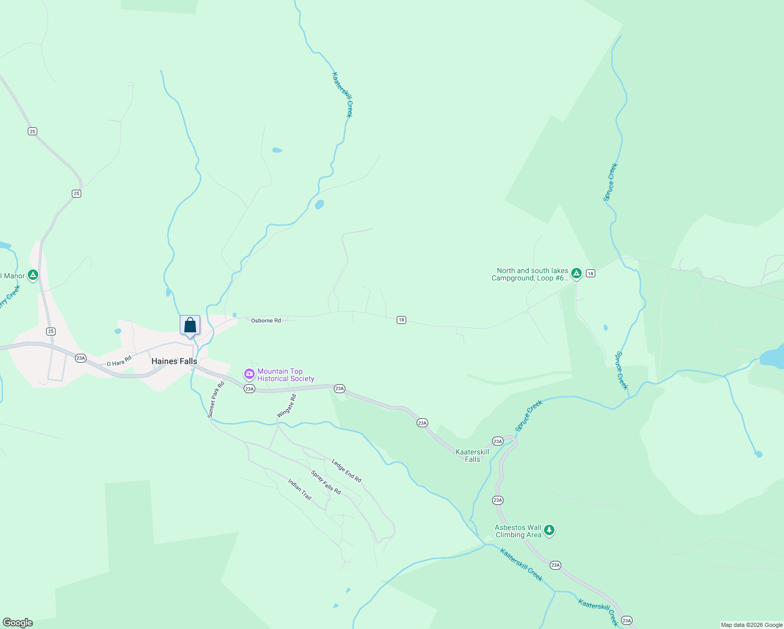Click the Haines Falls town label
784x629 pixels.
tap(174, 361)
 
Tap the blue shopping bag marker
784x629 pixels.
tap(190, 326)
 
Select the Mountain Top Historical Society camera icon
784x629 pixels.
tap(249, 374)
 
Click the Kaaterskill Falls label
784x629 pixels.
tap(472, 456)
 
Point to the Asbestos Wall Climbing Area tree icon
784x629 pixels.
tap(549, 530)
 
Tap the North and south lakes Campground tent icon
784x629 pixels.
tap(576, 273)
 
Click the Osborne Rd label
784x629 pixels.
tap(266, 320)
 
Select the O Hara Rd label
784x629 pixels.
tap(119, 361)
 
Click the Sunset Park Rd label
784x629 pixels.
tap(215, 399)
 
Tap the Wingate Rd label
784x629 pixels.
tap(287, 406)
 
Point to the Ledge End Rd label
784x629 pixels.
tap(346, 471)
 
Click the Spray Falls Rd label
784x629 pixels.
tap(326, 482)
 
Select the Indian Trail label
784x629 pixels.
tap(300, 489)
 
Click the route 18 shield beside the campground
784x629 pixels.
tap(591, 273)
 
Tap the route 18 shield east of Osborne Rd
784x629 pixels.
tap(401, 320)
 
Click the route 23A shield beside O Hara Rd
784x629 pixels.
tap(80, 358)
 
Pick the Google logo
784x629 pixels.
tap(18, 623)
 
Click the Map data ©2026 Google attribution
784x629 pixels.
tap(752, 625)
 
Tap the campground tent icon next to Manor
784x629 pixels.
tap(33, 275)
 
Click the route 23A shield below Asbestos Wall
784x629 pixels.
tap(556, 565)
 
